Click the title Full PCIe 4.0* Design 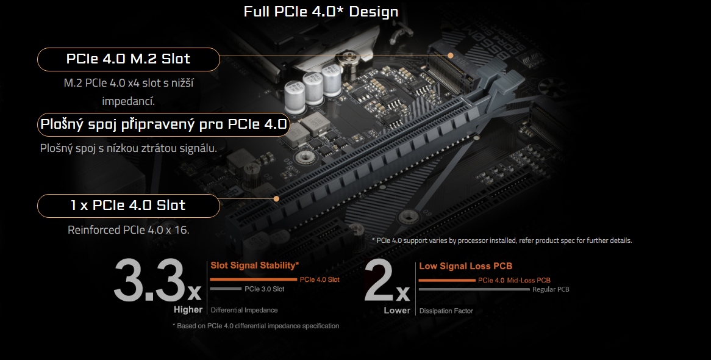coord(321,12)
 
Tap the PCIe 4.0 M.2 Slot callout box coord(128,59)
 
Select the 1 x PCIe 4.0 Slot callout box coord(128,206)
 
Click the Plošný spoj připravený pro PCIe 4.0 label coord(163,125)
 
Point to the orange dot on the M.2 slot coord(450,55)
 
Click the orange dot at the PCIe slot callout coord(276,198)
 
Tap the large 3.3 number coord(149,281)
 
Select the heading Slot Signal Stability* coord(254,265)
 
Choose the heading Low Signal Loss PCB coord(465,266)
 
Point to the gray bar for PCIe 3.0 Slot coord(226,289)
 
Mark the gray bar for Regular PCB coord(474,289)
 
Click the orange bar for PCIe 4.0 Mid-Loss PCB coord(447,280)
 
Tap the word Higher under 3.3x coord(188,309)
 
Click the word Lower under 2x coord(397,310)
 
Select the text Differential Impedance coord(244,311)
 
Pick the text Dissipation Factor coord(446,311)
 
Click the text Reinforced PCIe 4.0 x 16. coord(128,230)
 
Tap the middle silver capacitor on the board coord(313,87)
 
